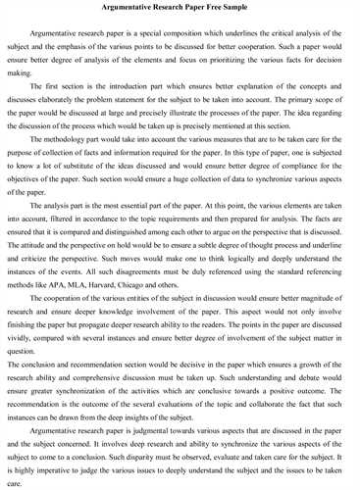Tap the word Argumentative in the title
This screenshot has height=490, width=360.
click(x=118, y=11)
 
